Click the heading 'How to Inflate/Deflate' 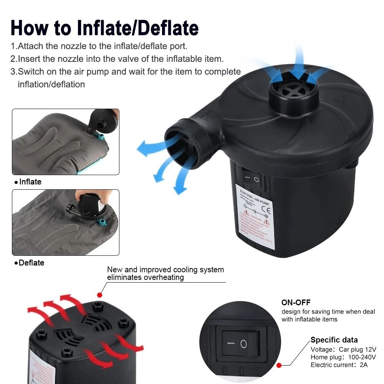[x=104, y=28]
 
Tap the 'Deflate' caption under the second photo [x=31, y=263]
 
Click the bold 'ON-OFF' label [x=296, y=303]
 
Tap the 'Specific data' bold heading [x=334, y=340]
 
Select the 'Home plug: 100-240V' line [x=343, y=357]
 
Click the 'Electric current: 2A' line [x=339, y=365]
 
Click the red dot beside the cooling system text [x=100, y=295]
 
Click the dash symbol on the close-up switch [x=230, y=342]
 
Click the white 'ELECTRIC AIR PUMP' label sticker [x=254, y=217]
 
